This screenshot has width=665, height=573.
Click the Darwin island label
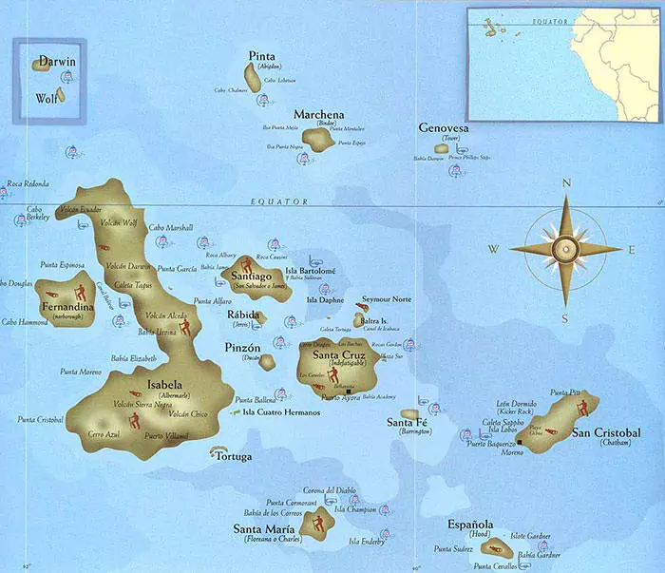57,63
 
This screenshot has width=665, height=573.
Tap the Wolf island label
46,98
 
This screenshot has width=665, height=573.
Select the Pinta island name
262,55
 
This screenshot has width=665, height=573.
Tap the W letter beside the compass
494,250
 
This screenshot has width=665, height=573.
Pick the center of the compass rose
566,249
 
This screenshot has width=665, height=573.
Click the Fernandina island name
66,308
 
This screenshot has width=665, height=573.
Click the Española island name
470,524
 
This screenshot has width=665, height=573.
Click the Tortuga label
234,457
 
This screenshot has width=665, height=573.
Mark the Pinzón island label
241,348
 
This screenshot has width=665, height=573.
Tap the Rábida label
243,314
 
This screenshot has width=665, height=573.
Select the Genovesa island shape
444,148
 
